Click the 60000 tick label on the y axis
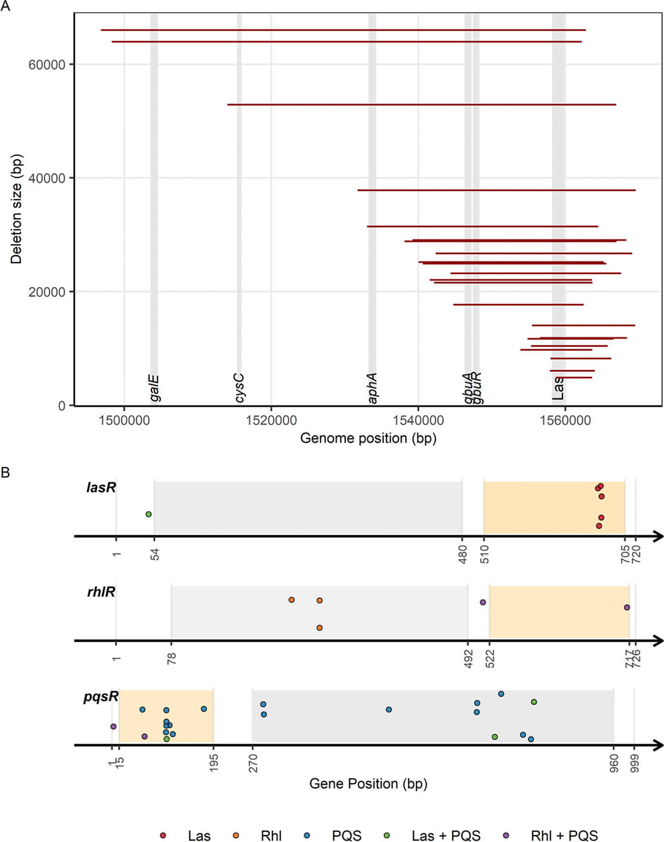coord(47,65)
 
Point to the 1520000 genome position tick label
coord(271,421)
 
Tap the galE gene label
coord(154,388)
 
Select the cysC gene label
coord(239,388)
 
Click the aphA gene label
coord(372,388)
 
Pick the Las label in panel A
coord(558,388)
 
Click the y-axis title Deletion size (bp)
coord(16,210)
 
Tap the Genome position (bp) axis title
coord(368,438)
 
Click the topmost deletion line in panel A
coord(343,30)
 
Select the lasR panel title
coord(101,487)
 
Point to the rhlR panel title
coord(101,592)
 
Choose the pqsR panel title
coord(101,696)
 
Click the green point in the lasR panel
coord(149,514)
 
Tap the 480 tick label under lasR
coord(463,554)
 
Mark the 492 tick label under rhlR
coord(469,659)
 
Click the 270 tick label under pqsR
coord(253,764)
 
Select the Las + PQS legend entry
coord(446,836)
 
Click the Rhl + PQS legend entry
coord(564,836)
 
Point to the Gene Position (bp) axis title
coord(368,783)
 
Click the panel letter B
coord(5,473)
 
